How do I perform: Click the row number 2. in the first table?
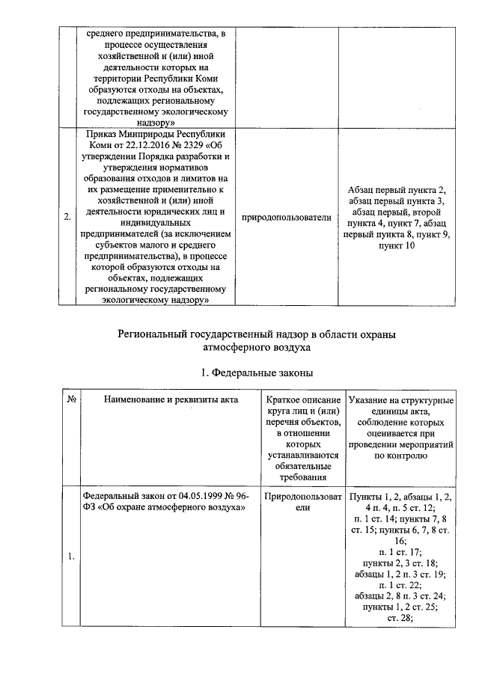coord(67,217)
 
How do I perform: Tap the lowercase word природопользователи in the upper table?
coord(289,217)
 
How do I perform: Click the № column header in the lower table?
coord(73,399)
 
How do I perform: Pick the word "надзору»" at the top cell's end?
coord(156,117)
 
